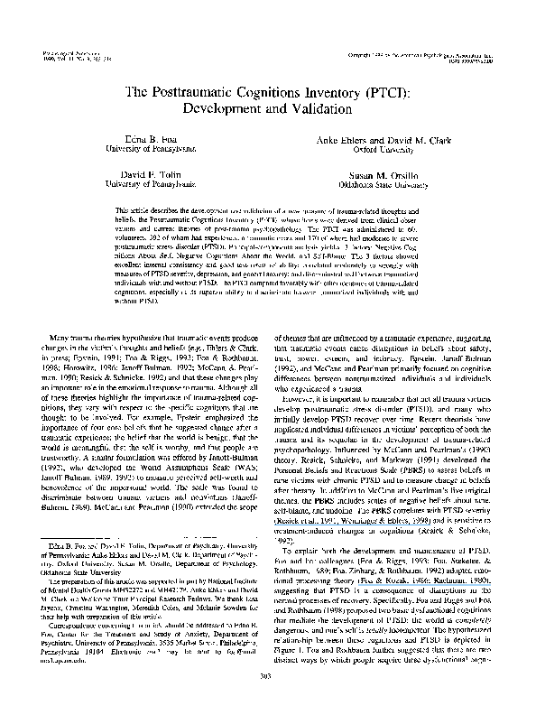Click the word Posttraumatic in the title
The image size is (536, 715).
199,91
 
